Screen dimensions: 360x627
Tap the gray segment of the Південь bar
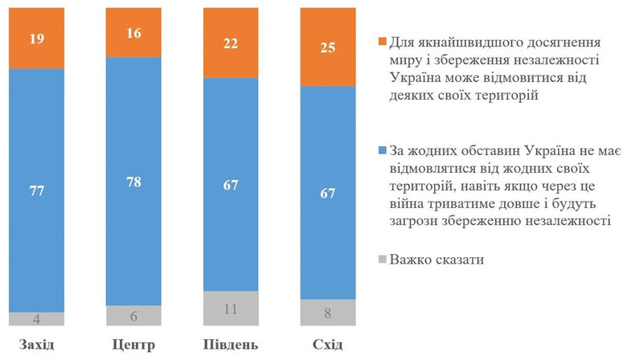click(231, 308)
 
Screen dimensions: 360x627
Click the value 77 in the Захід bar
click(36, 191)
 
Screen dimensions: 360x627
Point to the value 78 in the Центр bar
click(134, 181)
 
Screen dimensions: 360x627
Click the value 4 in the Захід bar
click(36, 318)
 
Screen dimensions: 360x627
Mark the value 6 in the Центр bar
click(134, 316)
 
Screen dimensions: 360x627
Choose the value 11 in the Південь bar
click(231, 309)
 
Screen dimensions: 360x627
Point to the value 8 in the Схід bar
click(327, 313)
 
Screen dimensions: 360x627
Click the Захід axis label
click(36, 346)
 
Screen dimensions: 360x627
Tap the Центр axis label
click(134, 346)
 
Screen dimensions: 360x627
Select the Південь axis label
click(231, 346)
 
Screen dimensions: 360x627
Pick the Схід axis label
click(327, 346)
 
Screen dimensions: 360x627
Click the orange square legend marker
click(381, 42)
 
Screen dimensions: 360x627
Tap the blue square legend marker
click(381, 150)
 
